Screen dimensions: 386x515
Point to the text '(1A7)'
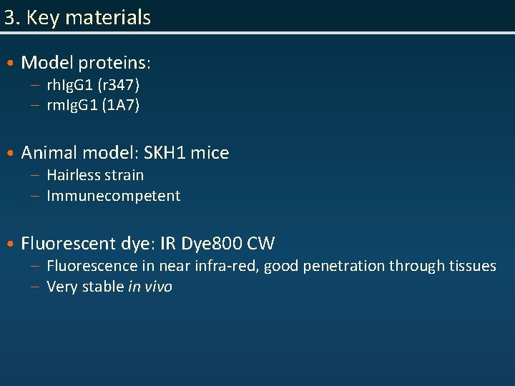(x=121, y=106)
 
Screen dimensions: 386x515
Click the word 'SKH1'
(x=165, y=152)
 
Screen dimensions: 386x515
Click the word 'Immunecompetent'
(x=114, y=196)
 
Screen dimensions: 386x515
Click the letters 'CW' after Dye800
(x=261, y=244)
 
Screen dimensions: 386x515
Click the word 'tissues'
(x=473, y=266)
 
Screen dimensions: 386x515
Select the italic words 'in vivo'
(x=150, y=287)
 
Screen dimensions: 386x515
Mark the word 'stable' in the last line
(x=102, y=287)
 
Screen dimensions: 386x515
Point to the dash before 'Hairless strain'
(x=35, y=176)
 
